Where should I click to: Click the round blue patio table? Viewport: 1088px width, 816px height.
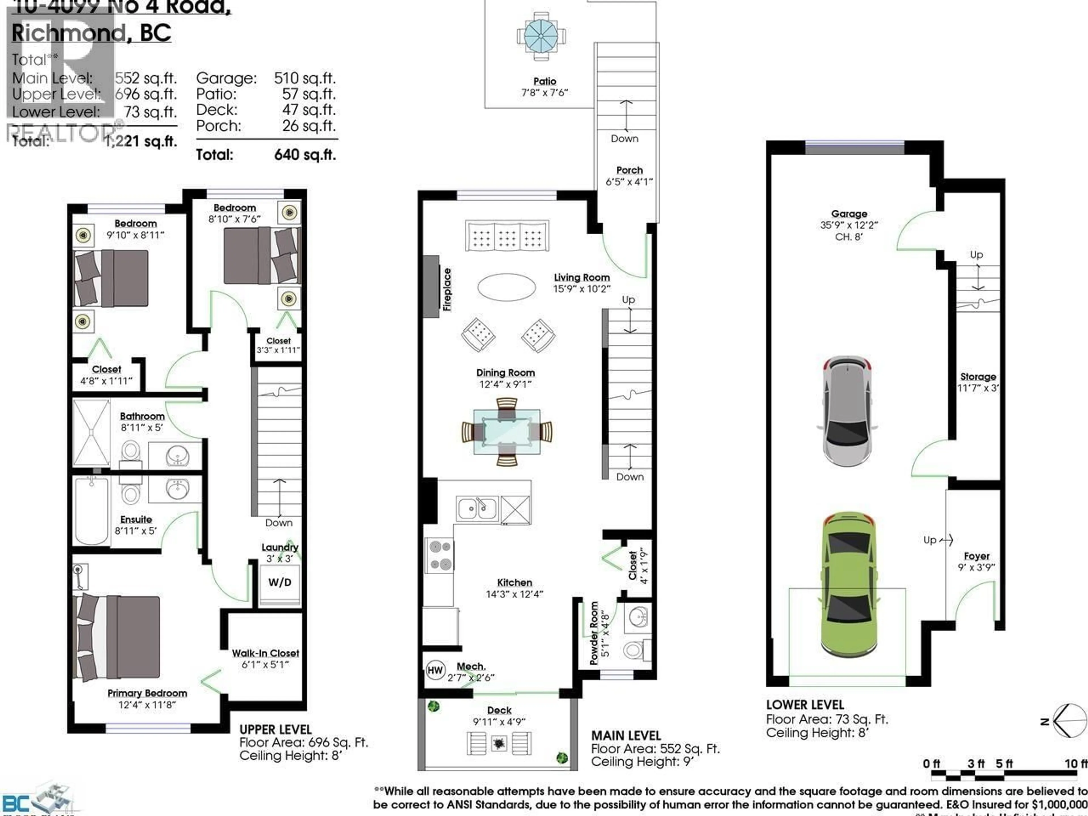coord(541,36)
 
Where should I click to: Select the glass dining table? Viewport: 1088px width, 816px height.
coord(507,431)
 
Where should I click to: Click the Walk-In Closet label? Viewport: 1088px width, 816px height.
coord(265,653)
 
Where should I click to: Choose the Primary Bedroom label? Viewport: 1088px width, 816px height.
coord(147,693)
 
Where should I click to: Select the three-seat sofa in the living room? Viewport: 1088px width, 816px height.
coord(507,236)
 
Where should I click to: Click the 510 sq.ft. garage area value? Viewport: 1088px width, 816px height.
coord(305,78)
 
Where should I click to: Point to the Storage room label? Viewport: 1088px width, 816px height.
coord(978,377)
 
